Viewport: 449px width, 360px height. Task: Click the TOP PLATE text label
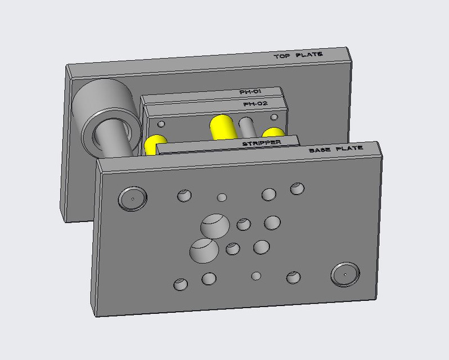pos(298,56)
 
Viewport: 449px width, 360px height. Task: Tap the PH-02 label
pos(255,104)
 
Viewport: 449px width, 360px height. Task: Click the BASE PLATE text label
pos(336,150)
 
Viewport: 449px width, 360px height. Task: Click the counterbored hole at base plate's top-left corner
pos(132,198)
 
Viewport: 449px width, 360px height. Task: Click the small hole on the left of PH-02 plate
pos(161,124)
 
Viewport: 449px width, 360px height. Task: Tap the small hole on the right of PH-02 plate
pos(274,118)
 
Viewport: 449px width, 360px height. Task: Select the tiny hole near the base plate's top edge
pos(222,197)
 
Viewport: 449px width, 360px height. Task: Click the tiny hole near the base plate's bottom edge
pos(257,276)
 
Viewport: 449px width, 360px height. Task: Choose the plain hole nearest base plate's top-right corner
pos(297,188)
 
